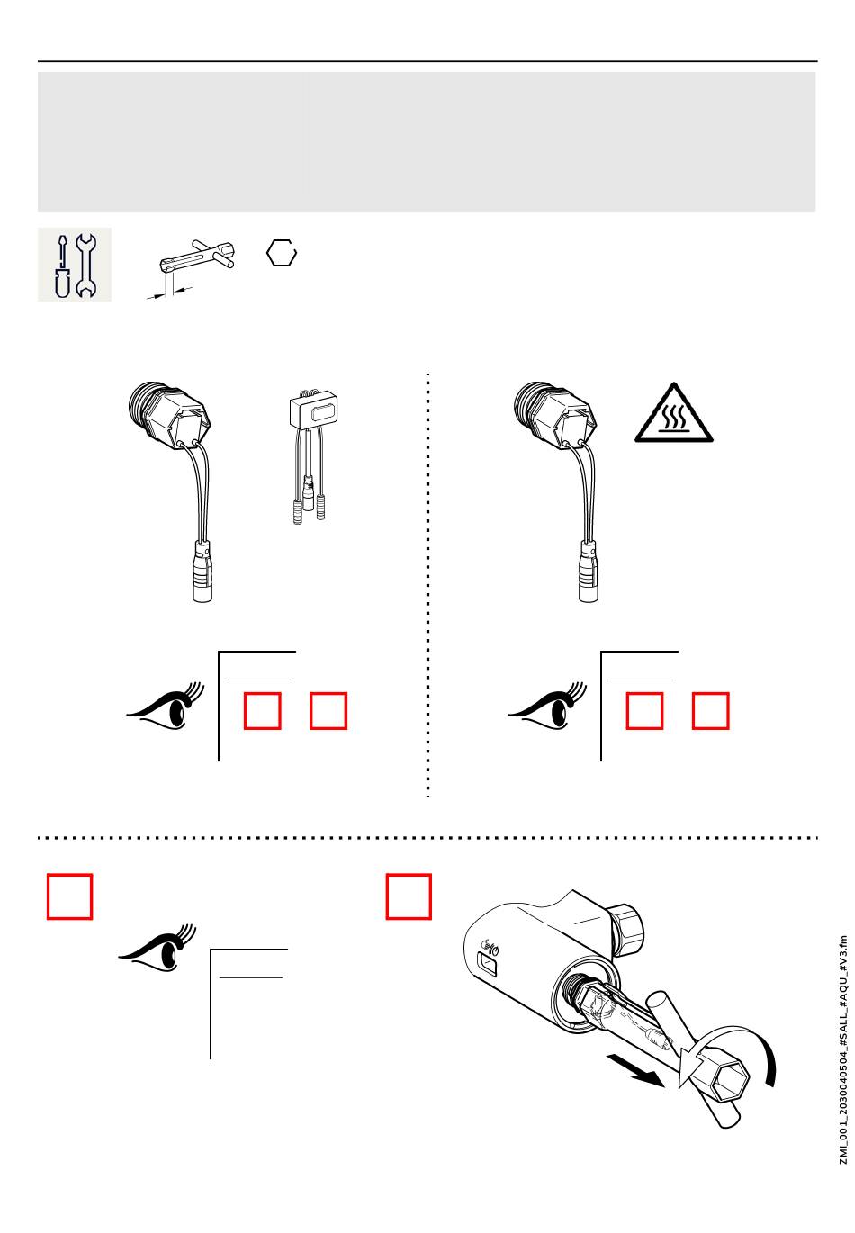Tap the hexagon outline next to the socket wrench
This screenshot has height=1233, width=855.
(x=282, y=253)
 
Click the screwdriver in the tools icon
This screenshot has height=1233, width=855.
(x=62, y=266)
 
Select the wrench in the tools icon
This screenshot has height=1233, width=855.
(x=85, y=265)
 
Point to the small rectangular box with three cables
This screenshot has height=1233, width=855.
(x=312, y=408)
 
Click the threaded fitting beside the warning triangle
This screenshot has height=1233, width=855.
(x=553, y=414)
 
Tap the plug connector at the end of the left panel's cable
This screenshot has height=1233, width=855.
(x=202, y=571)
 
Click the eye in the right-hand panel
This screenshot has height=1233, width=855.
(x=547, y=706)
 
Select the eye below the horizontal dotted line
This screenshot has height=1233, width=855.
(x=157, y=949)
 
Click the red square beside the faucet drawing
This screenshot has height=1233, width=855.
(x=408, y=896)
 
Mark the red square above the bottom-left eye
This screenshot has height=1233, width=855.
(x=69, y=896)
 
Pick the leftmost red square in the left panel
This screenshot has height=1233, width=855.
(x=262, y=711)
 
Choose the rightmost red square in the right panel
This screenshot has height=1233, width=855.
(x=710, y=711)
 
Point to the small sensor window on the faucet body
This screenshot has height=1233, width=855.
(x=488, y=967)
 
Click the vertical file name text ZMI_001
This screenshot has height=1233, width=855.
(x=842, y=1049)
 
